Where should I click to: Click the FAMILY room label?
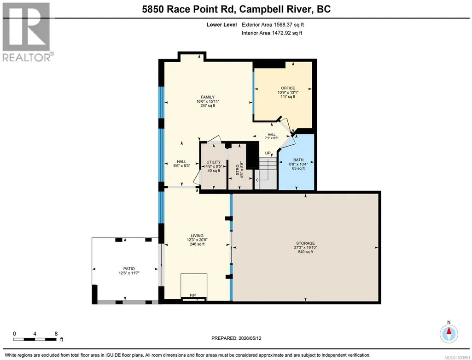click(x=208, y=97)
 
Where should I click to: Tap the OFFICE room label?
click(x=288, y=88)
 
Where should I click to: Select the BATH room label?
click(x=298, y=160)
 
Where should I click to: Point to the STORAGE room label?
click(x=306, y=243)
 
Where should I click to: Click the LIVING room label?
click(x=197, y=236)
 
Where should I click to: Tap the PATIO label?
click(x=129, y=269)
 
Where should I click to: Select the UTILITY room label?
click(x=213, y=162)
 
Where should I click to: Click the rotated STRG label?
click(x=238, y=170)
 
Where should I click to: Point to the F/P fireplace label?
click(x=192, y=295)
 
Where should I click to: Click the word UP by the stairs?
click(x=268, y=153)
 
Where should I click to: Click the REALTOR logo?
click(x=27, y=32)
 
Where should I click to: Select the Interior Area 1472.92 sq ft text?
click(x=272, y=33)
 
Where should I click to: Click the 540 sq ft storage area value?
click(x=306, y=252)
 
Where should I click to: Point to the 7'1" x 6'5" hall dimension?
click(x=272, y=138)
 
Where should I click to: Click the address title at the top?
click(x=236, y=9)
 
